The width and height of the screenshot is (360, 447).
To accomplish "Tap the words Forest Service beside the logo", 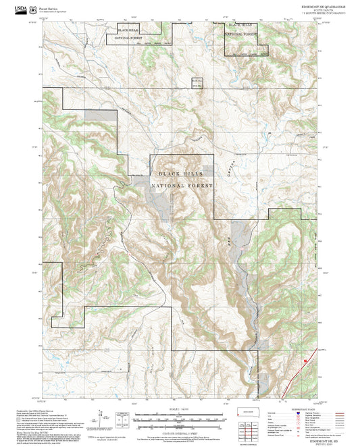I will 48,5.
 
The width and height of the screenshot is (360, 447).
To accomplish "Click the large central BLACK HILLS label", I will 182,174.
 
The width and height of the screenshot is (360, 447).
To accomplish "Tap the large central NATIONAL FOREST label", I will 182,186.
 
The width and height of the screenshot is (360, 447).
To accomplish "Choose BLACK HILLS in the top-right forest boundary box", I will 240,25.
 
